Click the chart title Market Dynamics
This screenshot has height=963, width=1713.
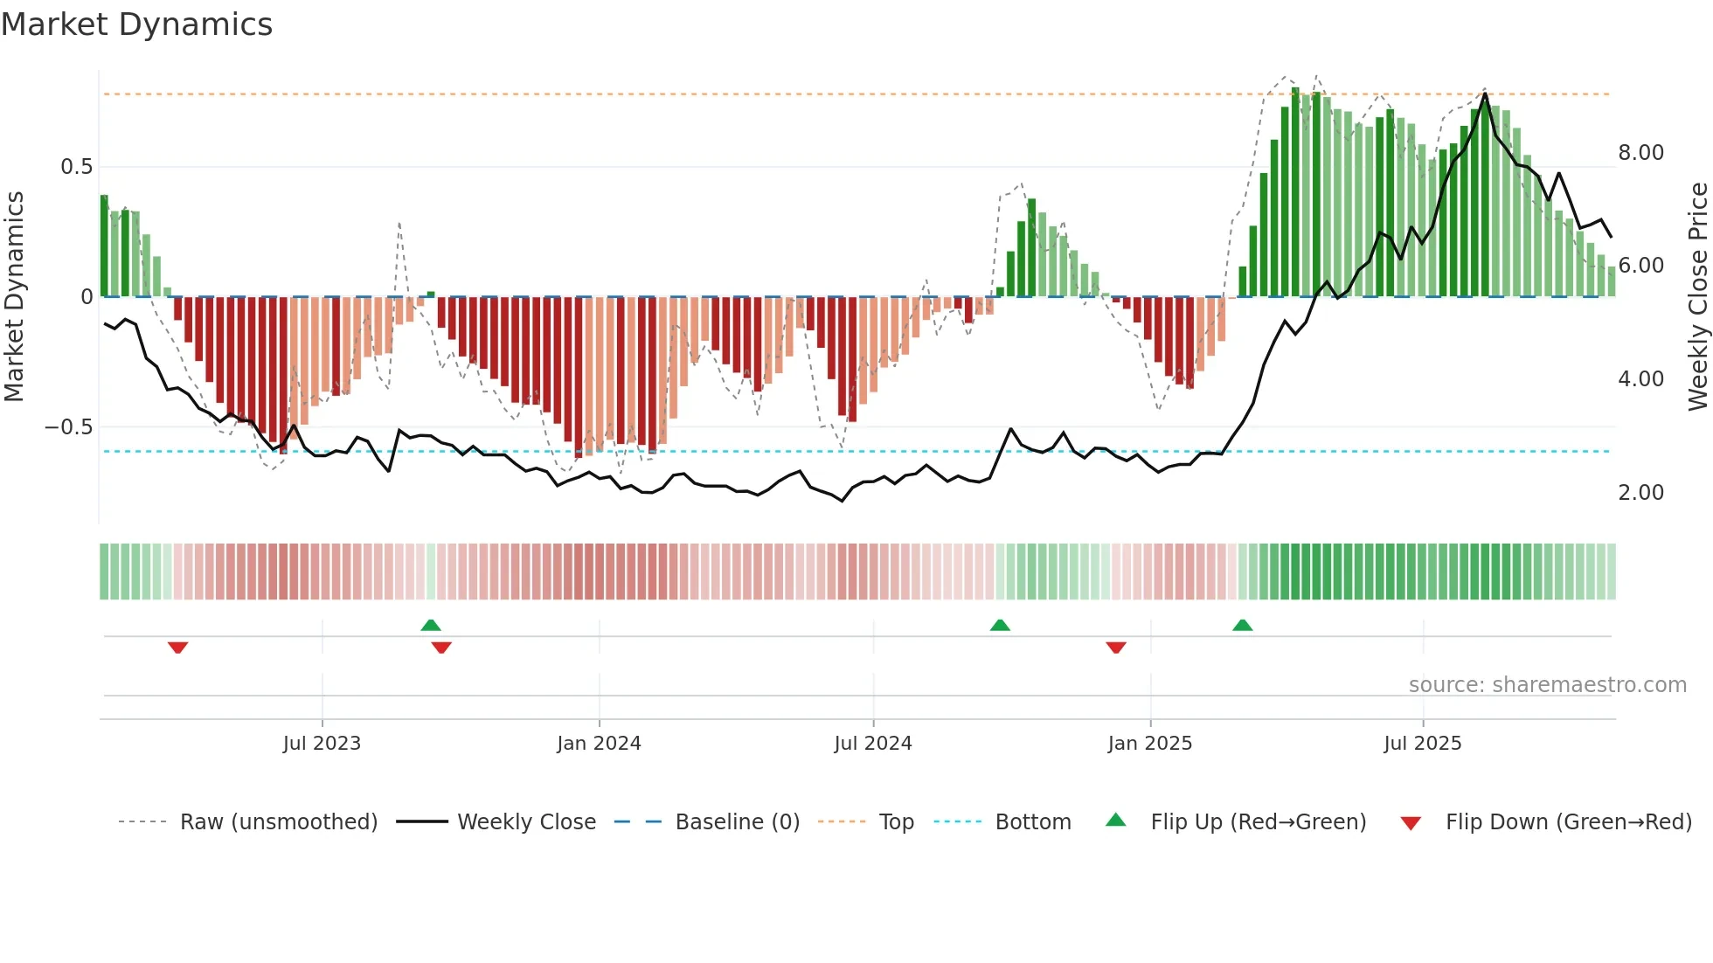coord(137,24)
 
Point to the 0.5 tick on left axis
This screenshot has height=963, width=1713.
coord(76,167)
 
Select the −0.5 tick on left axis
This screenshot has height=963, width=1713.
coord(68,427)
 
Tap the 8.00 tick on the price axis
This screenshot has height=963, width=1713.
coord(1640,153)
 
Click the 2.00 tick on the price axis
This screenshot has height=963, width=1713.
coord(1640,493)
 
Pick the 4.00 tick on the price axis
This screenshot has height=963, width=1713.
coord(1640,379)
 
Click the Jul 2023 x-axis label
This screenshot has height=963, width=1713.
coord(322,744)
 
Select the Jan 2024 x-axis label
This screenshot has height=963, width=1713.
coord(599,744)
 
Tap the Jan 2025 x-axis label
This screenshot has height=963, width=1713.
coord(1149,744)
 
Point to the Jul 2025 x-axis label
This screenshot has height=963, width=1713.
coord(1422,744)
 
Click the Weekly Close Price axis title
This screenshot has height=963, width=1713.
coord(1697,296)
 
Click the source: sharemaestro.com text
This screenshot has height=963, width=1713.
coord(1547,685)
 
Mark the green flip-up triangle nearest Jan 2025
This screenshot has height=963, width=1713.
coord(1242,625)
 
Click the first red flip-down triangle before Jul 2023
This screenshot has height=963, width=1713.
coord(177,648)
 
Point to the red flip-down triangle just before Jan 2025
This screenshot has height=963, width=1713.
coord(1115,648)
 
